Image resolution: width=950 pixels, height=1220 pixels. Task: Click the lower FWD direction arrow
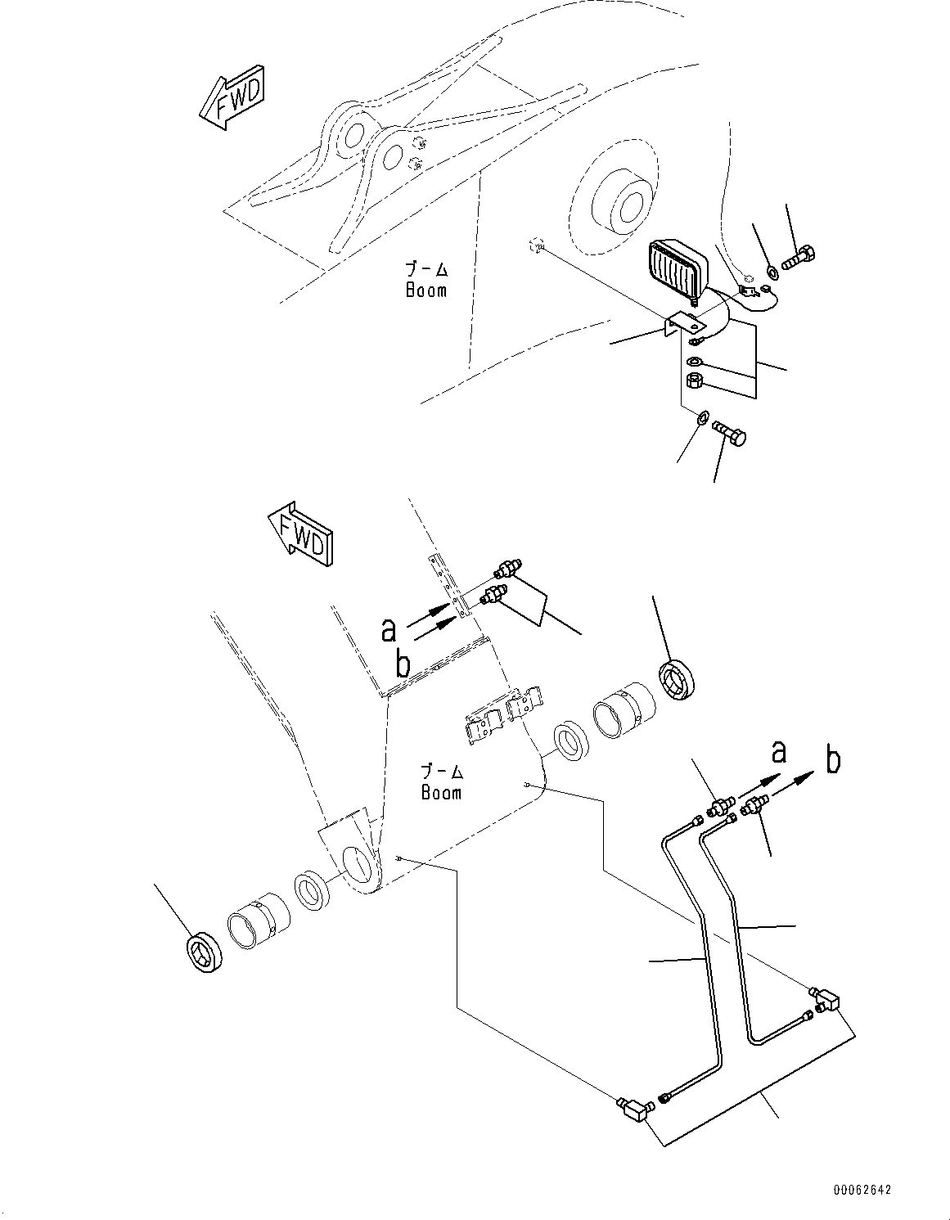300,536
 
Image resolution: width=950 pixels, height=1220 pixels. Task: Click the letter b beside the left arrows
403,664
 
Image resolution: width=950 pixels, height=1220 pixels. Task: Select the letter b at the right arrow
833,760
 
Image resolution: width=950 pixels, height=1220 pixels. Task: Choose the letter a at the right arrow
779,750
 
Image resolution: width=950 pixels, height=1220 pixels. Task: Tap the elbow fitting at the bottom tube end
633,1110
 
